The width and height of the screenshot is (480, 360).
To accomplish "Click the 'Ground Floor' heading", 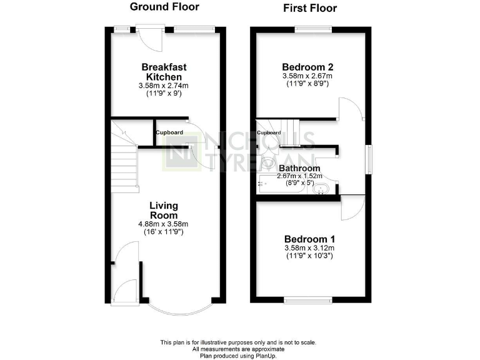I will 164,7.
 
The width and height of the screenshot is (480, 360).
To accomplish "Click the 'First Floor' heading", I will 310,8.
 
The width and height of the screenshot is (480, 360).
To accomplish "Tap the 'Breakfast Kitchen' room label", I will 164,71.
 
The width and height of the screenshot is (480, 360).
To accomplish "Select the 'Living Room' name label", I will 164,210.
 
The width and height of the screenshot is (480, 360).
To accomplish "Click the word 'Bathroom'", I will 299,168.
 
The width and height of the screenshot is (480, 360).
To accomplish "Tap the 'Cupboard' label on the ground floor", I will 169,132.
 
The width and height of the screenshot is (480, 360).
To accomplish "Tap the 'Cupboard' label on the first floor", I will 269,133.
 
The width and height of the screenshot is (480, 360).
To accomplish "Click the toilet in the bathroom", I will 267,164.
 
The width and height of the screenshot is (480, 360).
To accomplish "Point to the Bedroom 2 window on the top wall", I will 313,28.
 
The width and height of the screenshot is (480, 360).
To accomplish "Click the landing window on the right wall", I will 369,156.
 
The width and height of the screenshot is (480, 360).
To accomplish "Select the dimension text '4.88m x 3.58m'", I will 164,224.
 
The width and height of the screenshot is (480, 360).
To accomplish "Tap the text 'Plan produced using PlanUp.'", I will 238,356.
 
